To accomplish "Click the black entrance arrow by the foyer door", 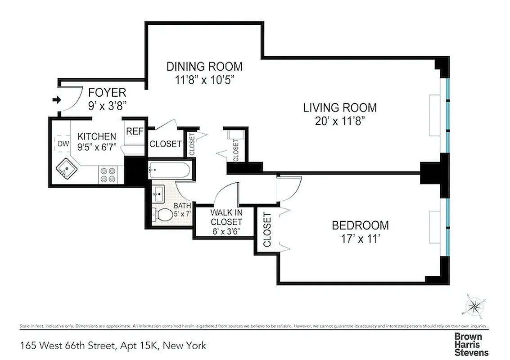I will (x=56, y=100).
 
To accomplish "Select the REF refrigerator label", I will (x=134, y=131).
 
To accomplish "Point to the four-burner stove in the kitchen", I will (x=108, y=175).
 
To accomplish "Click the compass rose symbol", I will (x=474, y=306).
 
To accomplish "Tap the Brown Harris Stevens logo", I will (x=471, y=344).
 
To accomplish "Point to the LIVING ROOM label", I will (x=339, y=108).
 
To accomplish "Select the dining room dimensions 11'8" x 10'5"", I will (x=204, y=80).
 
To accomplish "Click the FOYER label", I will (x=107, y=93).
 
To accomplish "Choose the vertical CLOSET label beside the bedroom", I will (x=267, y=229).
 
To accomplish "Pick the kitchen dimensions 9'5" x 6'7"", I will (x=97, y=146).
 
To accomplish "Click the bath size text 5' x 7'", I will (x=183, y=214).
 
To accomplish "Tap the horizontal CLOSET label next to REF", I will (x=165, y=144).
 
